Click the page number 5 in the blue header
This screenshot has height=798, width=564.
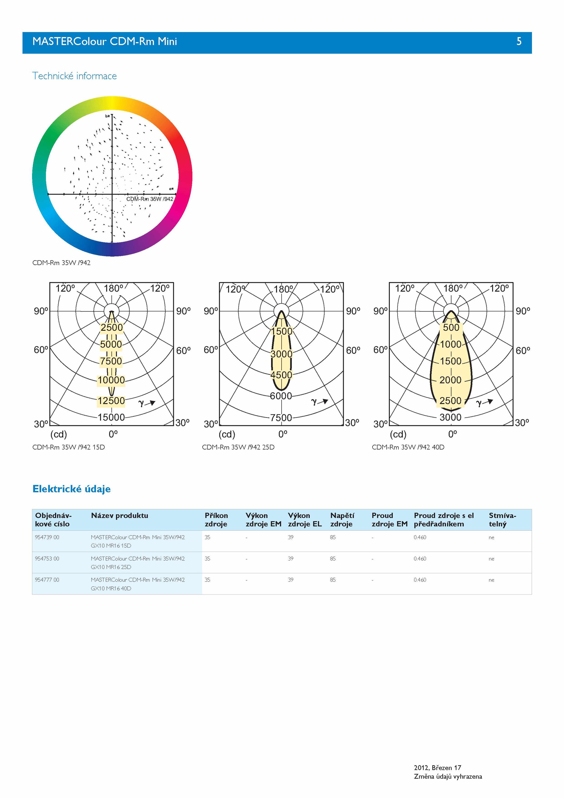tap(519, 42)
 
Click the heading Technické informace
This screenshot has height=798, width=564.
tap(74, 76)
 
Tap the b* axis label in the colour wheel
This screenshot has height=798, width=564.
tap(108, 116)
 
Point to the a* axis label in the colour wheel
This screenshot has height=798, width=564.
tap(171, 189)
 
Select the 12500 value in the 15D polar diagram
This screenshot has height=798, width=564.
tap(111, 401)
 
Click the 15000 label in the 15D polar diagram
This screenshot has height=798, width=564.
tap(111, 417)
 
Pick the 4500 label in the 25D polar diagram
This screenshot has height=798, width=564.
tap(281, 375)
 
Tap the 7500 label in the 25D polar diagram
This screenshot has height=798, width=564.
tap(281, 418)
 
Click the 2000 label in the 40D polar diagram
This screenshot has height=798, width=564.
tap(450, 380)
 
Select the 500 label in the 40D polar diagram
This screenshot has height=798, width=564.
tap(451, 327)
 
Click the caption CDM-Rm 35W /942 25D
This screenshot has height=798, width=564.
tap(238, 447)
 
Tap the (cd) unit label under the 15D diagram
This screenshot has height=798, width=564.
tap(59, 434)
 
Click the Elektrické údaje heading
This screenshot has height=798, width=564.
tap(72, 489)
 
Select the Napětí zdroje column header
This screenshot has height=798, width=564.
tap(342, 520)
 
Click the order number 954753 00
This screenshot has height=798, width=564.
tap(47, 559)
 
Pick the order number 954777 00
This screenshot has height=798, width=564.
tap(47, 580)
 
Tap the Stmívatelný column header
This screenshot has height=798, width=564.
tap(502, 520)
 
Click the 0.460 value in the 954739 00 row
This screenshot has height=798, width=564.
tap(420, 537)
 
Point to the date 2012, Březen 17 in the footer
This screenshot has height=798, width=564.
tap(437, 768)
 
